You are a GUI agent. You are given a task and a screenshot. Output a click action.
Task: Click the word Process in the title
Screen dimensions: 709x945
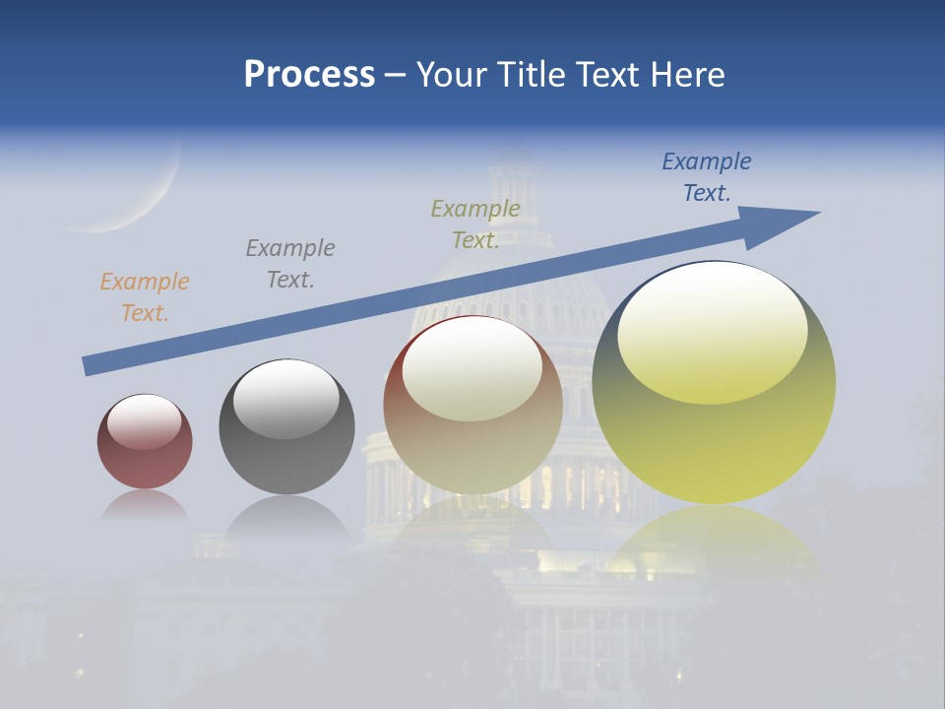309,75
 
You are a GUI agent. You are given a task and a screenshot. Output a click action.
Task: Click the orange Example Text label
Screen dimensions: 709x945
145,297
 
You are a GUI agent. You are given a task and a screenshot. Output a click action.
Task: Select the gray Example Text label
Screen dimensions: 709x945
290,264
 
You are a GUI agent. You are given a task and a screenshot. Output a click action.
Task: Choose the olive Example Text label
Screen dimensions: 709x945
475,225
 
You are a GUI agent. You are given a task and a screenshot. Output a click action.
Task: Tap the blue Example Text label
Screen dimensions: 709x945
707,177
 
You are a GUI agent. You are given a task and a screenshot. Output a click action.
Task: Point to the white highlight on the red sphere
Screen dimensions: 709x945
144,421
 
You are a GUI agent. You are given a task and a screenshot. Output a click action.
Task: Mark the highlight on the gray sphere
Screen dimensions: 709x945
285,398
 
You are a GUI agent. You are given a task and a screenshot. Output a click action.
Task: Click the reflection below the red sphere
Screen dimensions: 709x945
145,505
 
